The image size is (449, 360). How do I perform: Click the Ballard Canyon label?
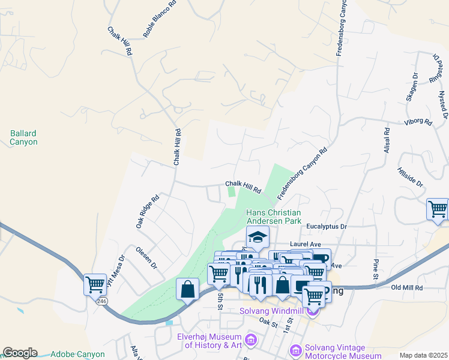pyautogui.click(x=23, y=137)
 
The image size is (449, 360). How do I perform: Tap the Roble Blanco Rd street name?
pyautogui.click(x=160, y=19)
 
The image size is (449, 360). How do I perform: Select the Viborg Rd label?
pyautogui.click(x=419, y=122)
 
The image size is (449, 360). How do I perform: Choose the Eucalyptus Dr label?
pyautogui.click(x=327, y=227)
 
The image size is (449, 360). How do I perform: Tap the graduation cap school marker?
pyautogui.click(x=258, y=238)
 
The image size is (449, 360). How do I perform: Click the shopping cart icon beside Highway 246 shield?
pyautogui.click(x=95, y=284)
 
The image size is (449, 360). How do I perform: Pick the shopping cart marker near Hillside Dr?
pyautogui.click(x=438, y=209)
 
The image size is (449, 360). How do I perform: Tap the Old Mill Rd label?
pyautogui.click(x=407, y=288)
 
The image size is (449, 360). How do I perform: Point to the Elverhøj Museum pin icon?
pyautogui.click(x=251, y=341)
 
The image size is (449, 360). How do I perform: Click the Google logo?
pyautogui.click(x=20, y=353)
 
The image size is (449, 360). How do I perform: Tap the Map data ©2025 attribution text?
pyautogui.click(x=423, y=355)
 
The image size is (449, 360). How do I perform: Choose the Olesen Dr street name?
pyautogui.click(x=146, y=256)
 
